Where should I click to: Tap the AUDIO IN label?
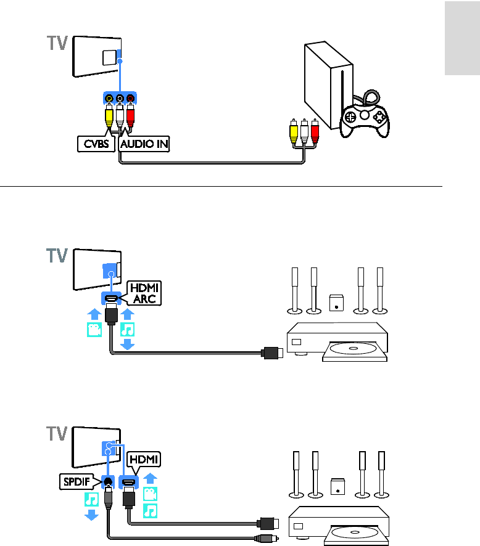pyautogui.click(x=144, y=145)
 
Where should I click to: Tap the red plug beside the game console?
pyautogui.click(x=315, y=131)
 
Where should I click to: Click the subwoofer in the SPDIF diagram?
pyautogui.click(x=337, y=487)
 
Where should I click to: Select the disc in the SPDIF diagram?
pyautogui.click(x=355, y=534)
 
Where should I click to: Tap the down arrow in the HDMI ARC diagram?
pyautogui.click(x=127, y=344)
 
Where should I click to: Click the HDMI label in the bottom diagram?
pyautogui.click(x=143, y=459)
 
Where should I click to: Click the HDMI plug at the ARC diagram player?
pyautogui.click(x=271, y=353)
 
